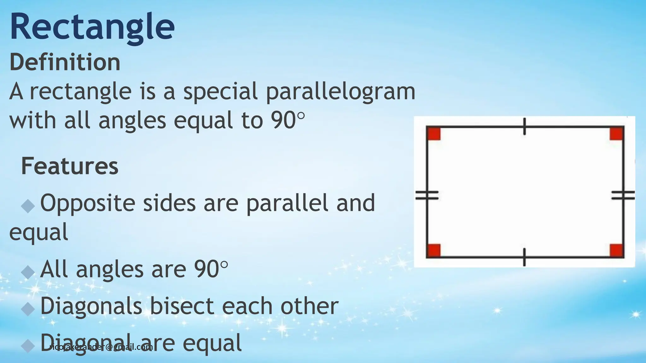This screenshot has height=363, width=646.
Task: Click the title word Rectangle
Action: click(92, 27)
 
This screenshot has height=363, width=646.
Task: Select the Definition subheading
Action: click(65, 62)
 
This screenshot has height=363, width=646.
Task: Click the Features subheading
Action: click(69, 166)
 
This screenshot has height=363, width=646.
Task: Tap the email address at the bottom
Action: click(101, 347)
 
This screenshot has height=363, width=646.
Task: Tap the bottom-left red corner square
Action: click(434, 251)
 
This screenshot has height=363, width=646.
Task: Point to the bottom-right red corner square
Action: click(616, 251)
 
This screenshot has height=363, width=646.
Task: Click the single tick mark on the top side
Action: click(524, 126)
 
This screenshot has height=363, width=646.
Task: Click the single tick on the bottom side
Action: click(524, 257)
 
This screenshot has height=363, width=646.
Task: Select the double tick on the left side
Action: click(427, 195)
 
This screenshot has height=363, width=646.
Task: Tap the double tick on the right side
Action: click(623, 195)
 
